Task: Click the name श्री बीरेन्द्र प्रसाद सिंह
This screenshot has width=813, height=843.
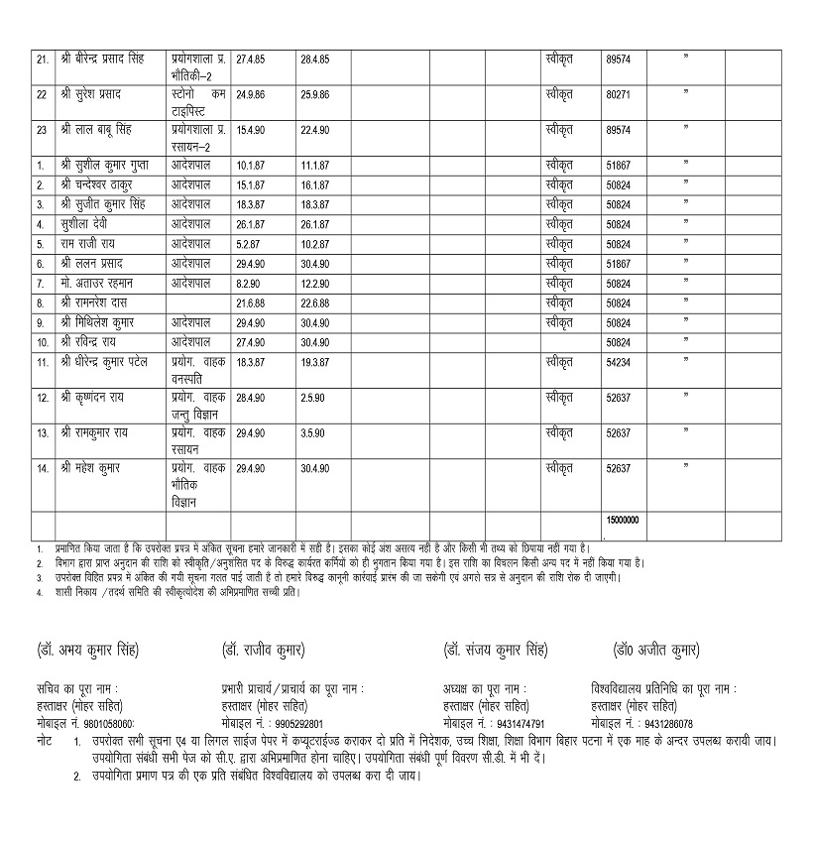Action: coord(102,60)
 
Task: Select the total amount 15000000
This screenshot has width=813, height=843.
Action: coord(622,520)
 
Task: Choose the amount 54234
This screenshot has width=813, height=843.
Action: coord(618,364)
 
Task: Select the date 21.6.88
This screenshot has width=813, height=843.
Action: coord(252,302)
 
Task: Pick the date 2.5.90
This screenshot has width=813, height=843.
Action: coord(311,399)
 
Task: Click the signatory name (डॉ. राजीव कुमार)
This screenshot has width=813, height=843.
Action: coord(264,651)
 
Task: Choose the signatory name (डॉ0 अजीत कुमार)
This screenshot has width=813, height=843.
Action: coord(656,651)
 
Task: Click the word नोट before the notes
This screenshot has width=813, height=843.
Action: coord(45,741)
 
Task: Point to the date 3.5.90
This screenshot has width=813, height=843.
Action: coord(311,433)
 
